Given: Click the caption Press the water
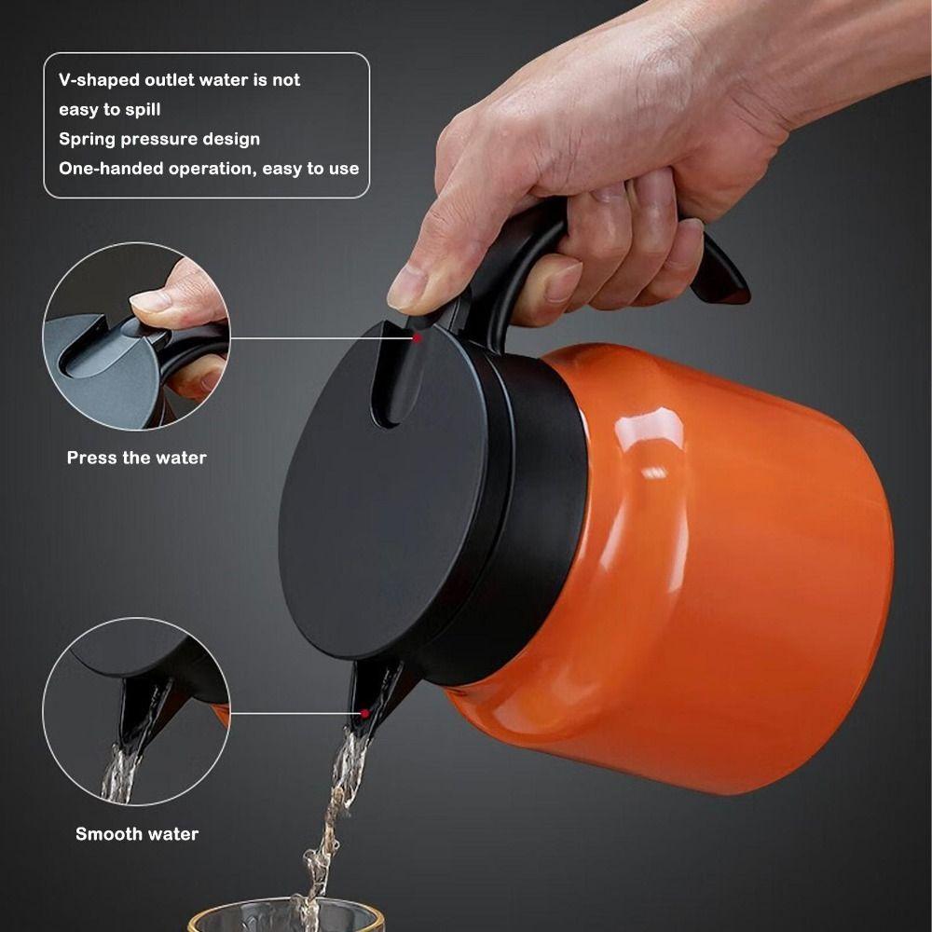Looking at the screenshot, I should (136, 458).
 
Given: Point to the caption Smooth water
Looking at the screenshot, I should (136, 834).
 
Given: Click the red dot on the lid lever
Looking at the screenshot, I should (417, 337).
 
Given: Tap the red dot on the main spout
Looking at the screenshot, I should (364, 714).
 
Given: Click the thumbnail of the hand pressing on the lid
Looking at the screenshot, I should (136, 336).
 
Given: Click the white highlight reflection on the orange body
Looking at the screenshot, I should (652, 438).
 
